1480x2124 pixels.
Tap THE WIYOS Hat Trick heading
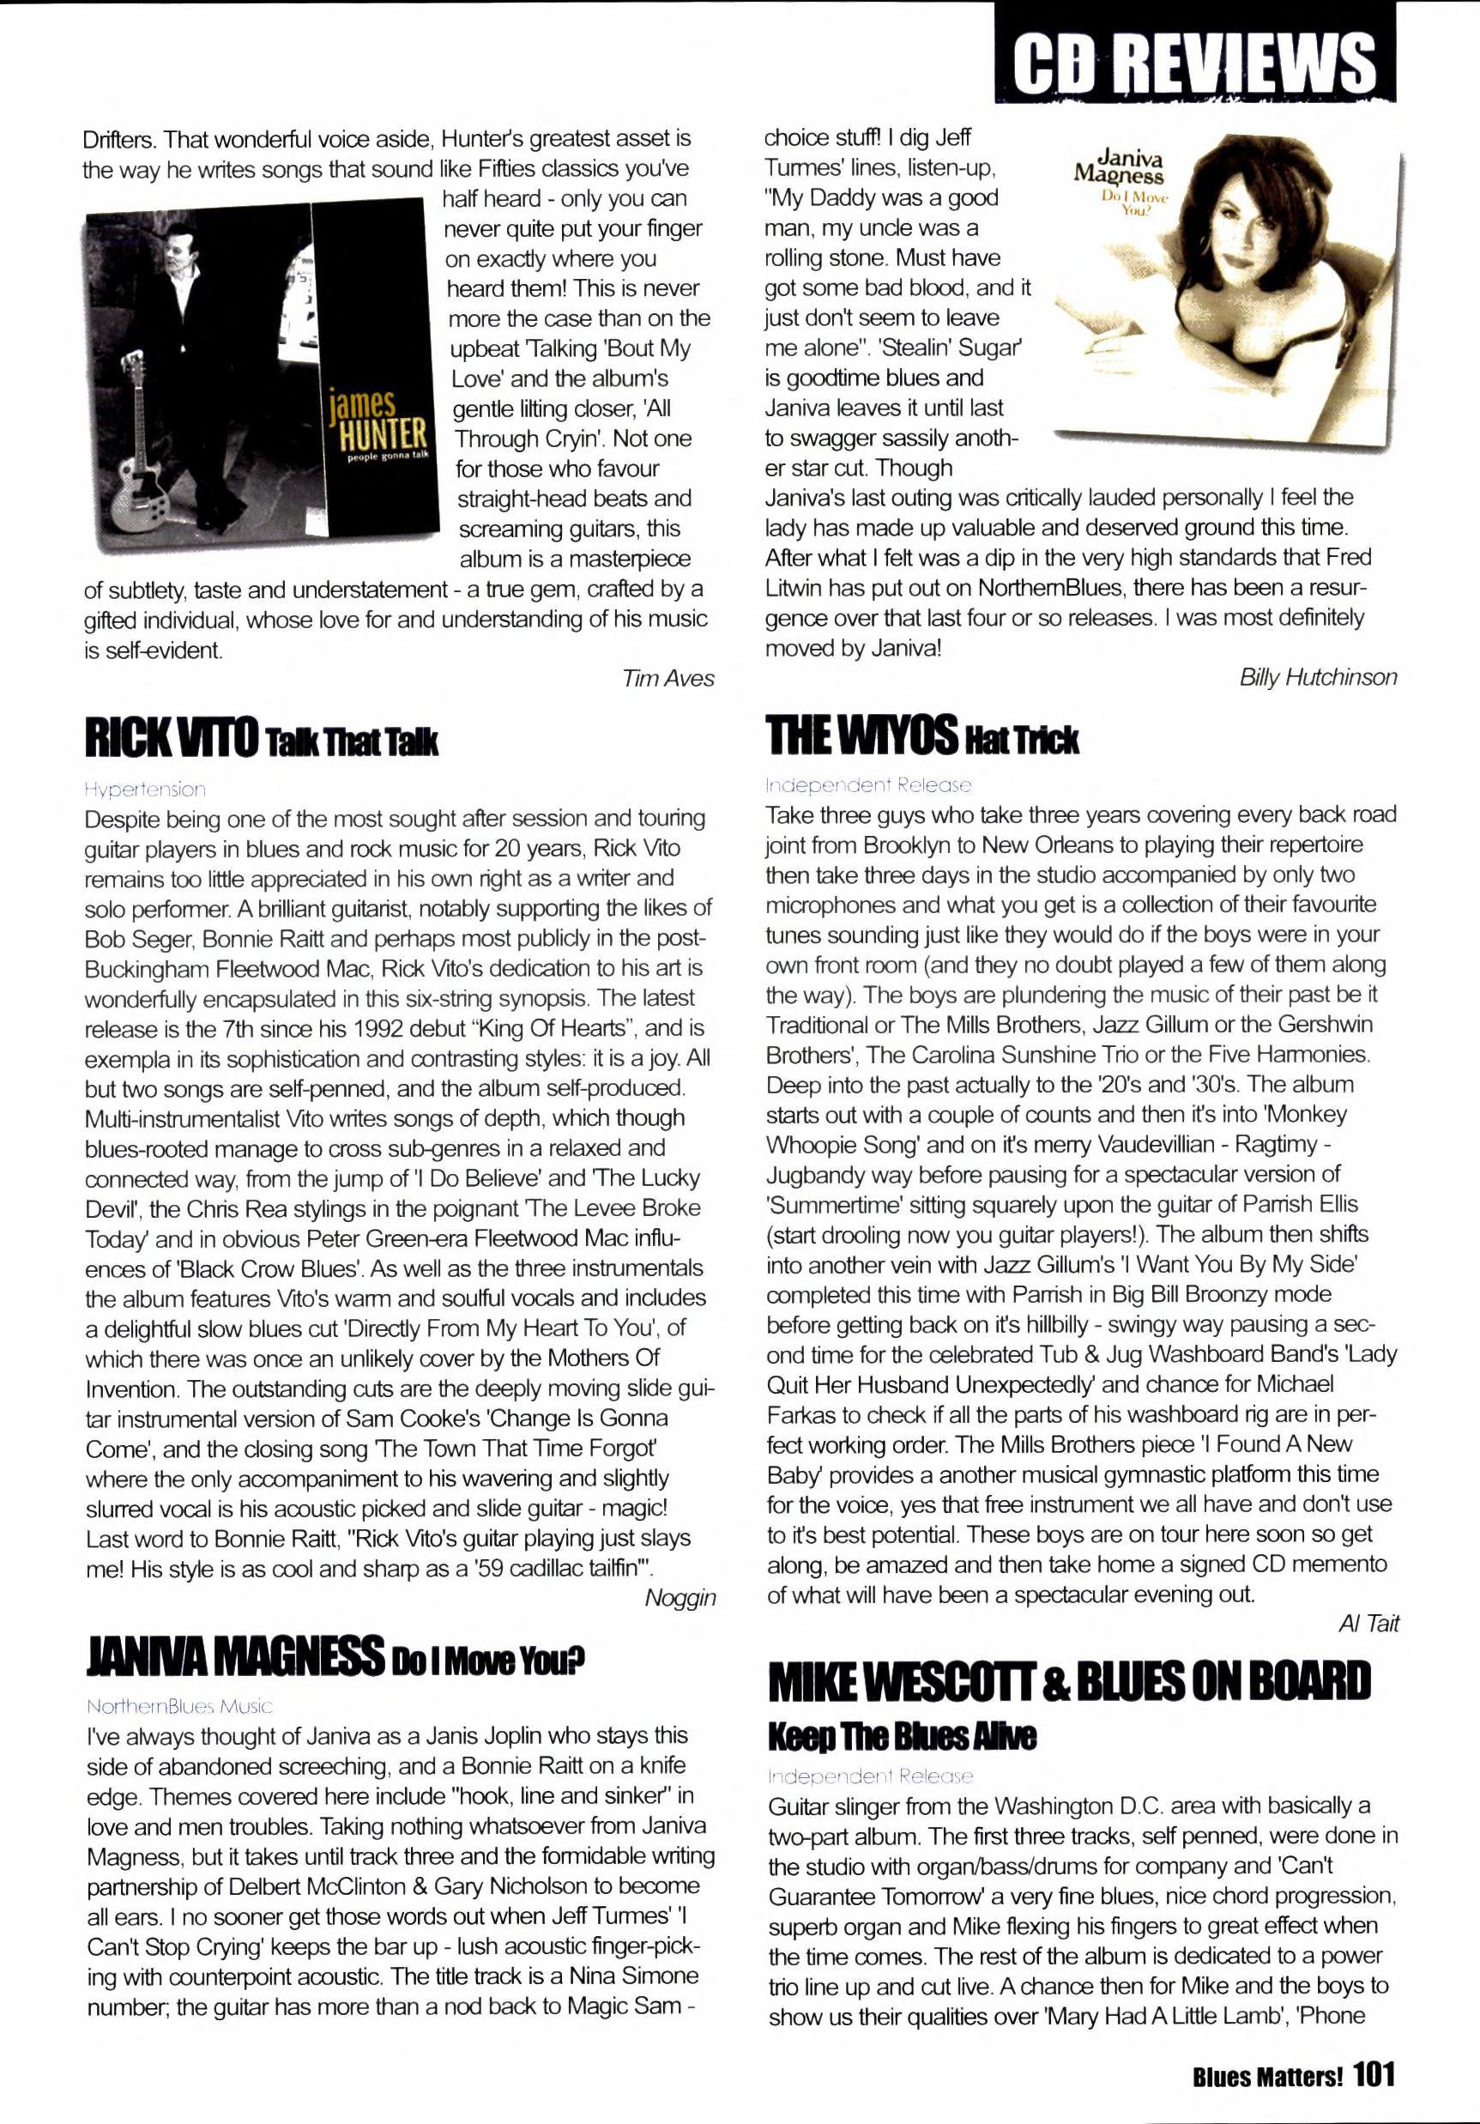coord(921,737)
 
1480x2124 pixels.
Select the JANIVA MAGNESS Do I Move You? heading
coord(335,1657)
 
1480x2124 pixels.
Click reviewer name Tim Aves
coord(668,679)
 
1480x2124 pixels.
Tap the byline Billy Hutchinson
coord(1317,677)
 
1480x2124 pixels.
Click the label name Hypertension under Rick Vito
coord(144,790)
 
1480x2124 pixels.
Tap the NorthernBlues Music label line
coord(179,1705)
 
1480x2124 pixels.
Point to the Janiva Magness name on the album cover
coord(1120,166)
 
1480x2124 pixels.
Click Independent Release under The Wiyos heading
coord(868,785)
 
